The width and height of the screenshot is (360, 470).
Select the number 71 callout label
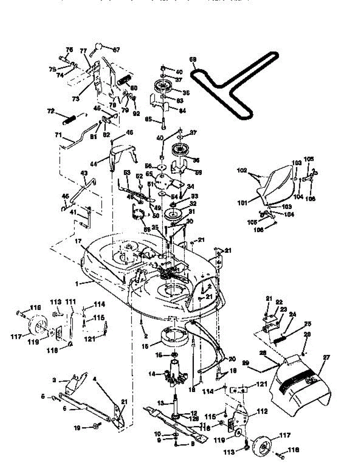point(58,135)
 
